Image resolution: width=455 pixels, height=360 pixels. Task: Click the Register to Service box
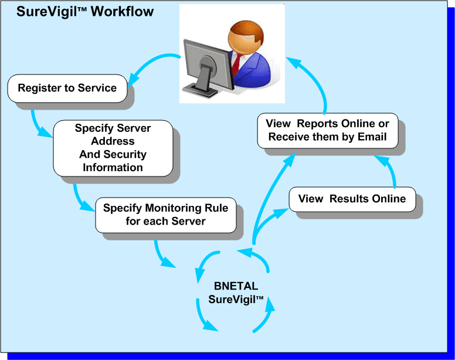coord(67,89)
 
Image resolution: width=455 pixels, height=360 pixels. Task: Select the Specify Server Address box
coord(113,148)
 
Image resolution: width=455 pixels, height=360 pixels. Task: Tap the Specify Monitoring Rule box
coord(166,215)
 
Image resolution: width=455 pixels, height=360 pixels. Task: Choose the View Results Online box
coord(352,199)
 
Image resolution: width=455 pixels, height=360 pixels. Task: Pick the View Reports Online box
coord(328,131)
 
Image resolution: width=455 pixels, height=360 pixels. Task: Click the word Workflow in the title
coord(122,12)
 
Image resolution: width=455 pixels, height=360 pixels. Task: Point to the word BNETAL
coord(236,286)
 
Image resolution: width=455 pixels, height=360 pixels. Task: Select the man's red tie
coord(236,64)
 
